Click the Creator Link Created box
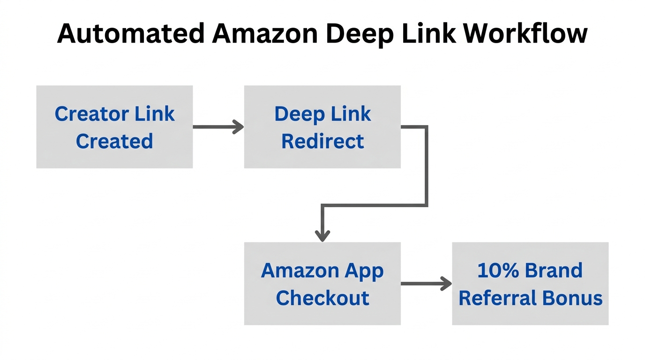114,127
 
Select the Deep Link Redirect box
322,127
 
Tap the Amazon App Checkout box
322,284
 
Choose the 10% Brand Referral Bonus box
530,284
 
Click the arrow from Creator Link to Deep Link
218,127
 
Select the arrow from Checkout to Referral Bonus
426,284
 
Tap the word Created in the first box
114,141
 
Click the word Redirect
322,141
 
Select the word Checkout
322,298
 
